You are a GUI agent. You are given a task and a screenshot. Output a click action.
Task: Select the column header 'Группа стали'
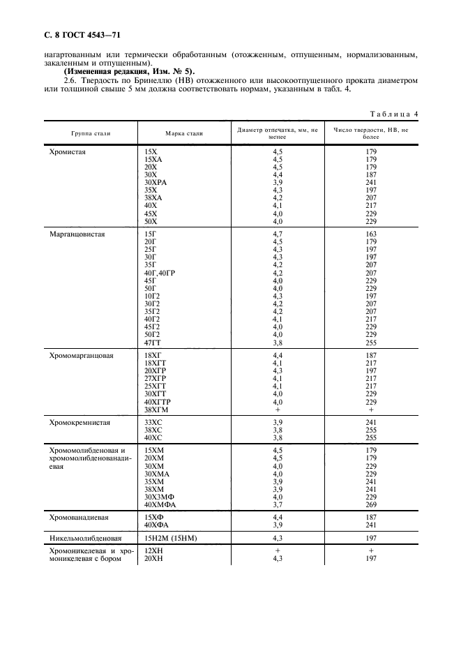click(91, 133)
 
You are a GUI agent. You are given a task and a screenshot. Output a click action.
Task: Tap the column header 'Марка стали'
click(183, 133)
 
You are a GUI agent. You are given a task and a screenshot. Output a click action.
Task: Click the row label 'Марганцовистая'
click(77, 235)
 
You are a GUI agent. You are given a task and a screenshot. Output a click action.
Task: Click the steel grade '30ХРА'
click(156, 182)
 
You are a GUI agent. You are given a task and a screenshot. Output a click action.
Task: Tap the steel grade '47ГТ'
click(151, 343)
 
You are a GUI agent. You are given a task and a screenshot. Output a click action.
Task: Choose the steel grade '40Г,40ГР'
click(162, 273)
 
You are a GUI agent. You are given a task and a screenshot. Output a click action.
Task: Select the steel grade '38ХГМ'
click(157, 410)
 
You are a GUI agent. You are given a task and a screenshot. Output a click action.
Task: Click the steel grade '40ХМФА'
click(159, 503)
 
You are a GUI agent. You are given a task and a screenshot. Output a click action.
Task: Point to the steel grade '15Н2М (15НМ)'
click(171, 538)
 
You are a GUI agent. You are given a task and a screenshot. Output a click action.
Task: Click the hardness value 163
click(371, 235)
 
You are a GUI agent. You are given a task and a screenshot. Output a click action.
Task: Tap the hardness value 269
click(371, 503)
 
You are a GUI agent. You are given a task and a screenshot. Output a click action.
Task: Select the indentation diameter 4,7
click(278, 235)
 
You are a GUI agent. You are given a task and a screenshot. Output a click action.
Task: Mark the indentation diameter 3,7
click(278, 503)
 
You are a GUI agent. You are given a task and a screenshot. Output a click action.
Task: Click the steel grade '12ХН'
click(153, 550)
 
